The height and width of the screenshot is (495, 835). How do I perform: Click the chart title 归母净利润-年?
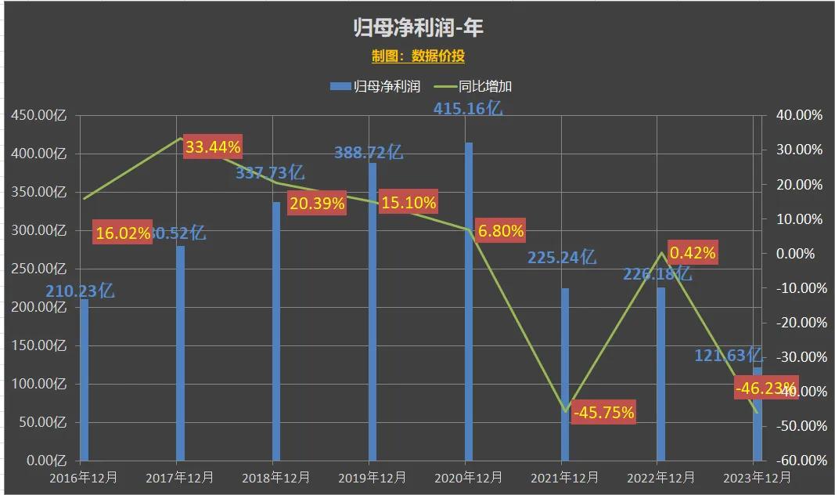click(x=417, y=27)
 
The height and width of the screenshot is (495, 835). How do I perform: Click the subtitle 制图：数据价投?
click(x=417, y=56)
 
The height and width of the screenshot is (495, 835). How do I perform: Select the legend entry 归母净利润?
click(x=379, y=86)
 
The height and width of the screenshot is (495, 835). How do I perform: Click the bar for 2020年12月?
click(x=469, y=302)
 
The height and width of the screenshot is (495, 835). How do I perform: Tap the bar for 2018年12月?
click(x=276, y=331)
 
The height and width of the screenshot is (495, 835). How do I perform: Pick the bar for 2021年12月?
click(x=565, y=374)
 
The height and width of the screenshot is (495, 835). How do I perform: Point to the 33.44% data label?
click(x=212, y=146)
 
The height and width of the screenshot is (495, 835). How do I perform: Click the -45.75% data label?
click(x=603, y=412)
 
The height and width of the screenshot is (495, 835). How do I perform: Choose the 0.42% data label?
click(x=692, y=252)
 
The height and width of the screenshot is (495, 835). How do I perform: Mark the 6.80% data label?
click(x=500, y=231)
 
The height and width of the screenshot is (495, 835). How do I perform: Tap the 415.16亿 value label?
click(x=467, y=109)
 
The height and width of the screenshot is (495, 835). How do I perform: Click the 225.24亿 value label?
click(x=562, y=257)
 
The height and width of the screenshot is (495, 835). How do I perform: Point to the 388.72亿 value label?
click(x=368, y=153)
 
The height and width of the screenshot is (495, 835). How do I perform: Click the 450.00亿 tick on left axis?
click(x=38, y=115)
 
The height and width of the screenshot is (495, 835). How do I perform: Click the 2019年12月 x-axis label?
click(x=371, y=477)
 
